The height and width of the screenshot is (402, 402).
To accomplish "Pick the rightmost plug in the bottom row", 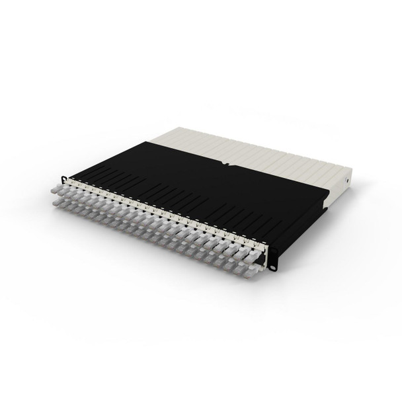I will tap(251, 263).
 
